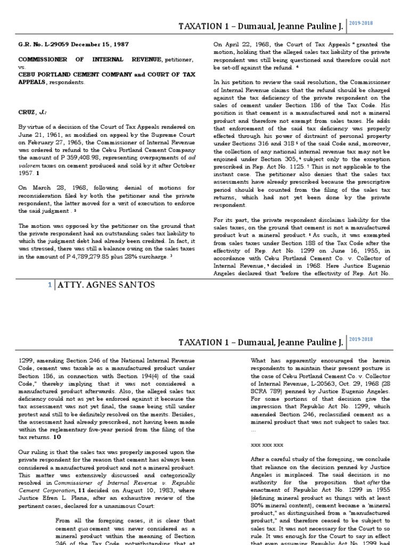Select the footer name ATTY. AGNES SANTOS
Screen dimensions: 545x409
tap(105, 285)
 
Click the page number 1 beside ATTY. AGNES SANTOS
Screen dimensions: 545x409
tap(50, 285)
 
